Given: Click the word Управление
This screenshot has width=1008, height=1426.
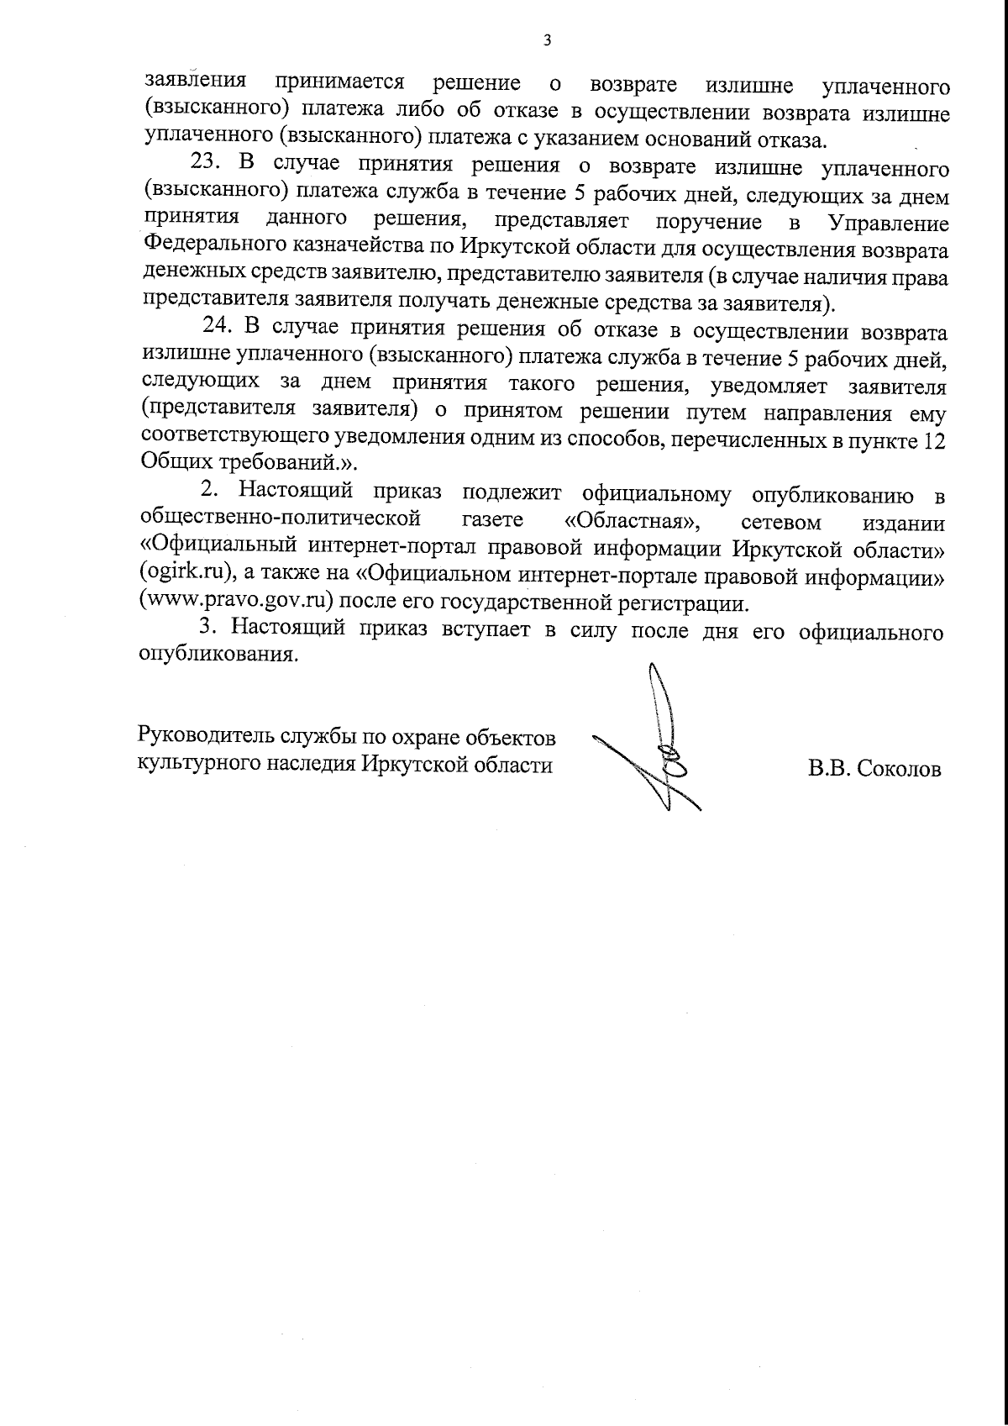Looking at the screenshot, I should pos(889,224).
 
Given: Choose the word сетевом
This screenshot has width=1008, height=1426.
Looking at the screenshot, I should pos(781,522).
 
